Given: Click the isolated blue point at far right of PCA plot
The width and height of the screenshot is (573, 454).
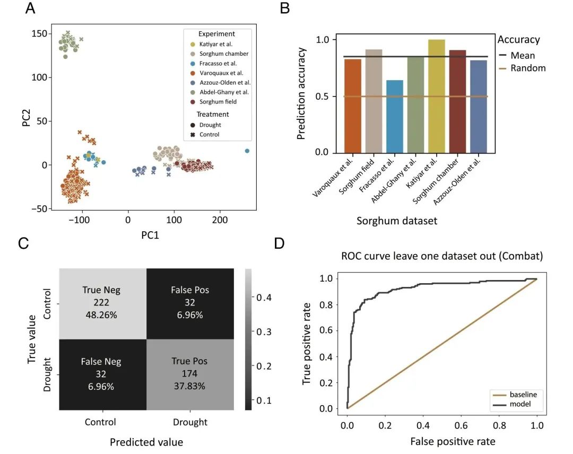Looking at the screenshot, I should click(x=247, y=151).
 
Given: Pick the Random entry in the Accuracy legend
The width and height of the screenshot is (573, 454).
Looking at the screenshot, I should click(x=527, y=67).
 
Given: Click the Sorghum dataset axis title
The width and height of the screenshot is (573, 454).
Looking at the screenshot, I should click(x=397, y=221).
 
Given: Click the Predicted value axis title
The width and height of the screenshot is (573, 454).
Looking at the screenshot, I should click(x=146, y=442).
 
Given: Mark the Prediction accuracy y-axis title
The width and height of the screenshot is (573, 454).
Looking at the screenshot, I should click(x=301, y=94).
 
